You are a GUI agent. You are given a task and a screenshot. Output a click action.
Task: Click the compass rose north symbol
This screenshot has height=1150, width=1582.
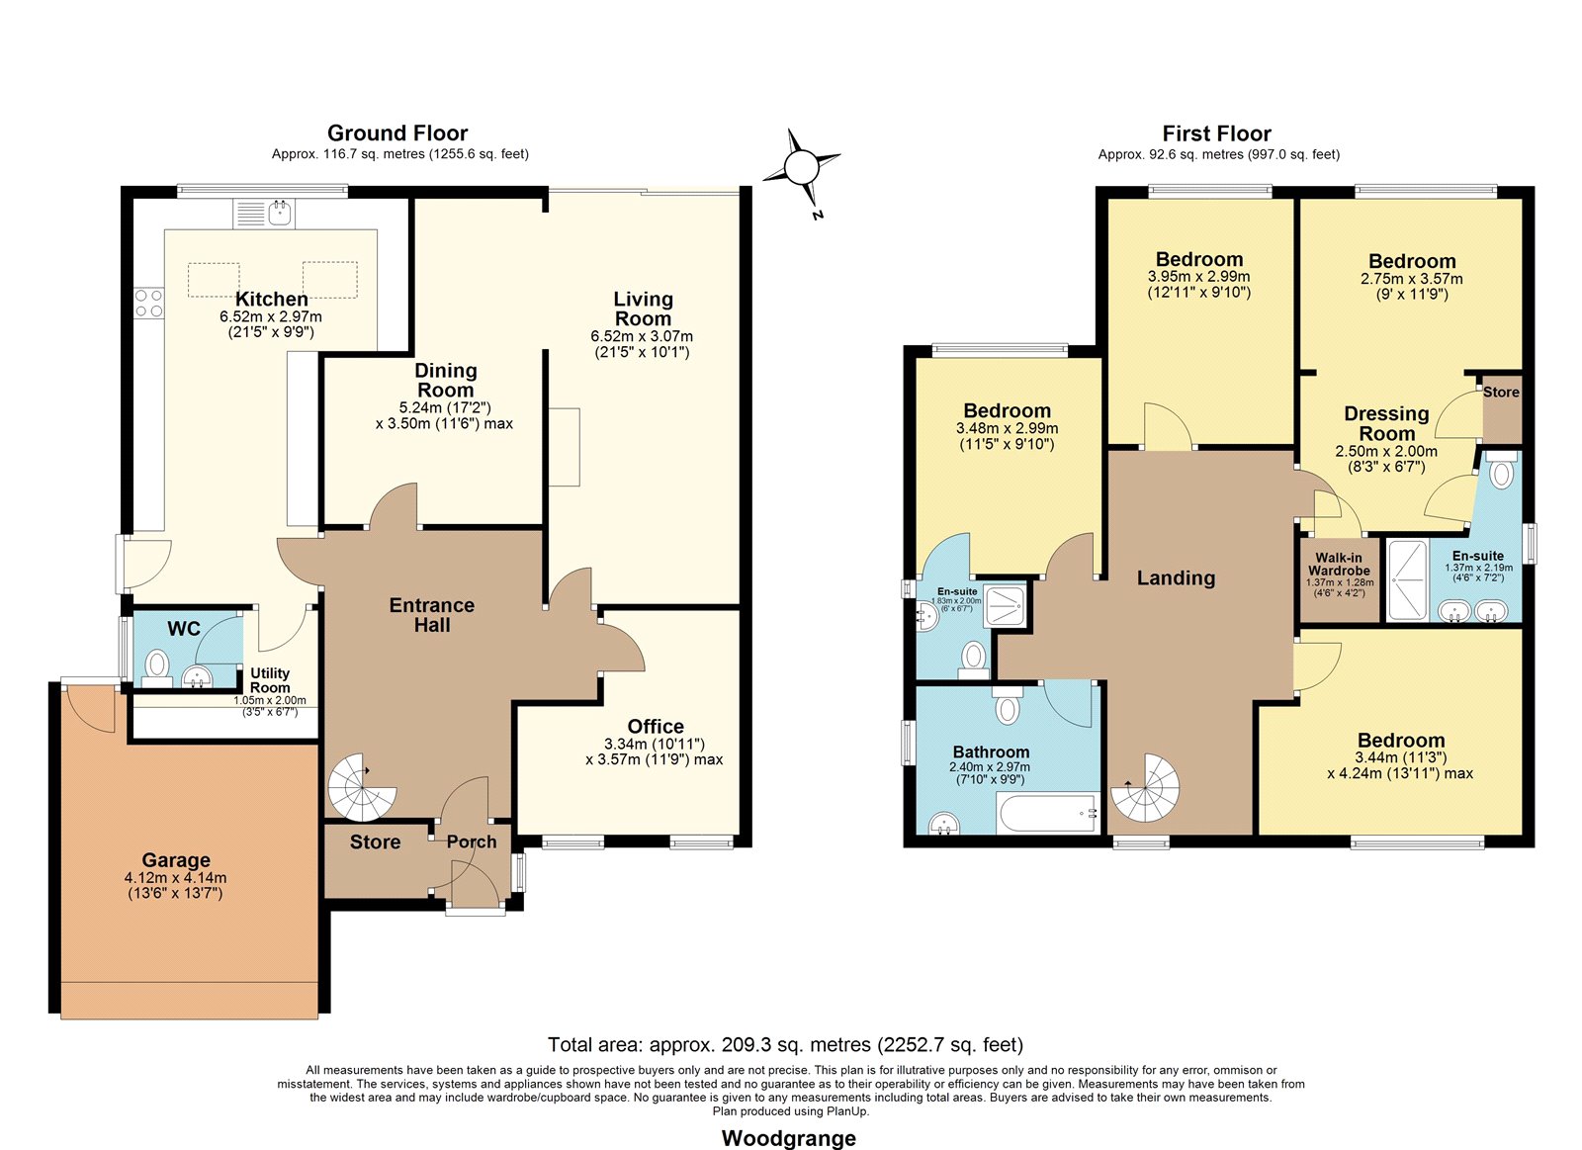pos(802,169)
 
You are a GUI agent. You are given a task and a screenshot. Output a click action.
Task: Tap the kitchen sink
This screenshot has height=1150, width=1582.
pos(264,214)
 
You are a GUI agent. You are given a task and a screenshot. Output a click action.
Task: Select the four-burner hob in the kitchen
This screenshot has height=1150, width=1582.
pos(149,303)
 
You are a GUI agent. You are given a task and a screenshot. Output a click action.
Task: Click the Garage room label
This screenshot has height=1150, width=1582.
pos(176,859)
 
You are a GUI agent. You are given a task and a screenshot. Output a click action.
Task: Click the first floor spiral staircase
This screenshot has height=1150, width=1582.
pos(1145,788)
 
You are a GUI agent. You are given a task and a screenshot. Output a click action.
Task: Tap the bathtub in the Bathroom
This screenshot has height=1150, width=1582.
pos(1049,813)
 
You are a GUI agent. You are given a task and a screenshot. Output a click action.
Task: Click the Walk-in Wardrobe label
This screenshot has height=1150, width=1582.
pos(1339,564)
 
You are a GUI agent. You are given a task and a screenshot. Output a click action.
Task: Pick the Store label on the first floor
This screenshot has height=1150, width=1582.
pos(1501,392)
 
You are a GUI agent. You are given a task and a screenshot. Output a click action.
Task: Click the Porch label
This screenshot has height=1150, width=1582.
pos(472,842)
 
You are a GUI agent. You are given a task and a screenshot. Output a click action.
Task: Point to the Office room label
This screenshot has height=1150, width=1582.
pos(656,726)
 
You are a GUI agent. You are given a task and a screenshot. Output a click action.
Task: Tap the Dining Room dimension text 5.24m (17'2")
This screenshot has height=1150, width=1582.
pos(445,407)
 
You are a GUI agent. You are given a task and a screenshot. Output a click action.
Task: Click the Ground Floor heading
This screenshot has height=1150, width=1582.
pos(397,133)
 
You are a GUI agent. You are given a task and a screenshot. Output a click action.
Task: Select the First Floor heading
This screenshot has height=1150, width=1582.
pos(1217,133)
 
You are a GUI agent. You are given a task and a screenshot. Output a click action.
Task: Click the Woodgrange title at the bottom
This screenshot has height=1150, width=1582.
pos(789,1138)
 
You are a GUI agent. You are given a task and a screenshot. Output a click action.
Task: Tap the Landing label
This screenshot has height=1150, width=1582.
pos(1176,577)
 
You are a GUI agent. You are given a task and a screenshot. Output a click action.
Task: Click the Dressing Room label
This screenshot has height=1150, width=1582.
pos(1387,423)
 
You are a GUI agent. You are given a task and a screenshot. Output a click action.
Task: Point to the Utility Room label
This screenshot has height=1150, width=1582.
pos(270,680)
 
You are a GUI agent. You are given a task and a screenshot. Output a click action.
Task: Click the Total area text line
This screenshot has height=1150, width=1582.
pos(785,1045)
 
